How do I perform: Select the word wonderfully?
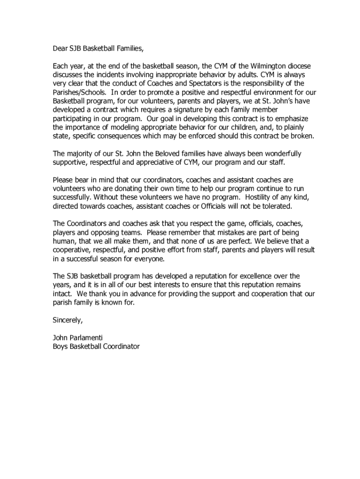[x=278, y=153]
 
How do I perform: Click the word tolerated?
[x=275, y=206]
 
